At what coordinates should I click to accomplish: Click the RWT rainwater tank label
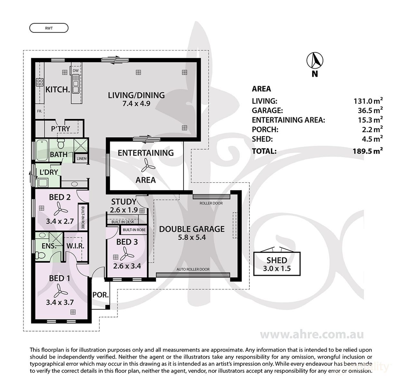[x=49, y=28]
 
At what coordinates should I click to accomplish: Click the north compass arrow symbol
[x=314, y=60]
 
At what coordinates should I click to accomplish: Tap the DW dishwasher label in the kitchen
[x=76, y=70]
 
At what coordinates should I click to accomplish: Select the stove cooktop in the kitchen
[x=40, y=82]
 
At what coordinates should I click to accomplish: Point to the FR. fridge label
[x=39, y=111]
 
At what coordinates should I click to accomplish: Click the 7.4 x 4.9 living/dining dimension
[x=136, y=103]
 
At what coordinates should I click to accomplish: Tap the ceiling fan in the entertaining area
[x=147, y=165]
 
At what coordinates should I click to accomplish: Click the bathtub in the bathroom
[x=42, y=150]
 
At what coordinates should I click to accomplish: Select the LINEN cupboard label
[x=81, y=159]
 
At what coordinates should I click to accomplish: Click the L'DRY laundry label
[x=49, y=172]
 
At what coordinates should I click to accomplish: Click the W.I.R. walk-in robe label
[x=75, y=246]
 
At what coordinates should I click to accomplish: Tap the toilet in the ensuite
[x=40, y=255]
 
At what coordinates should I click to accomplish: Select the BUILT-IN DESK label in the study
[x=123, y=222]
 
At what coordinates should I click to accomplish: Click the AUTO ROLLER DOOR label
[x=193, y=269]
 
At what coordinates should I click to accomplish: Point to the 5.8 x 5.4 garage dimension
[x=192, y=237]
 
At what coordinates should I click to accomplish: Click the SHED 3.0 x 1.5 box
[x=277, y=264]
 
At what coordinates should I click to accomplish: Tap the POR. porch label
[x=100, y=295]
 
